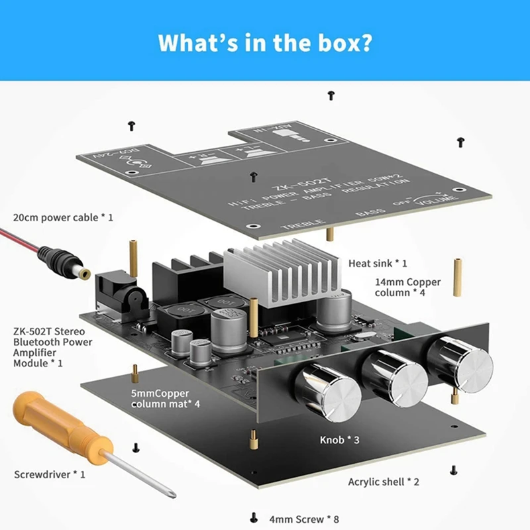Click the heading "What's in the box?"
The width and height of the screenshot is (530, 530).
(264, 42)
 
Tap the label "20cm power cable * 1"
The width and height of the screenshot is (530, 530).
(63, 217)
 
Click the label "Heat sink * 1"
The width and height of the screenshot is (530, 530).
(378, 264)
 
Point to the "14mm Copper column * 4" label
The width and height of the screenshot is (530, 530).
(407, 288)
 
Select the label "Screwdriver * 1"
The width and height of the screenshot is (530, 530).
(50, 474)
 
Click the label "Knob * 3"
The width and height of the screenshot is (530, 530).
(340, 439)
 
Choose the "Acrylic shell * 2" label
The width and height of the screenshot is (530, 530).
(384, 482)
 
